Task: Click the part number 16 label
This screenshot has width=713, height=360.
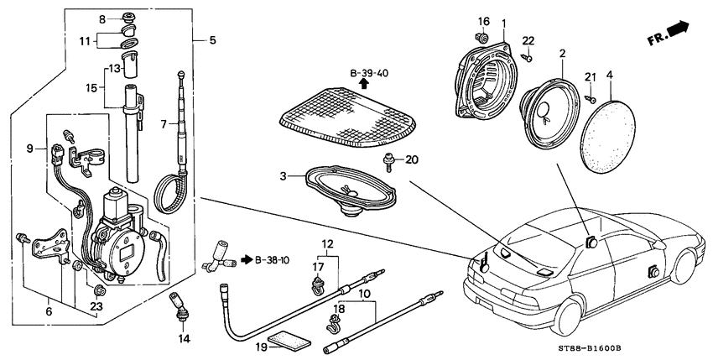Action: point(482,21)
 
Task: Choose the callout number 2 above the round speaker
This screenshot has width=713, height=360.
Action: point(561,54)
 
